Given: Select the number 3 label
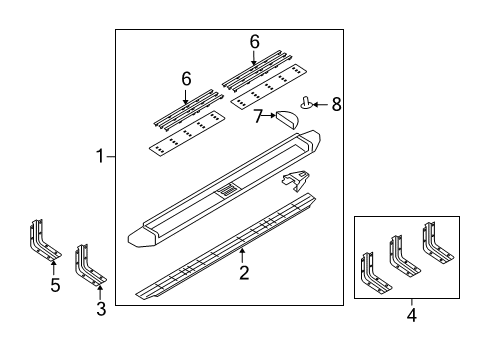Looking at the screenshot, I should tap(100, 311).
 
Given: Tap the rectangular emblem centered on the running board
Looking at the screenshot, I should tap(229, 189).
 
